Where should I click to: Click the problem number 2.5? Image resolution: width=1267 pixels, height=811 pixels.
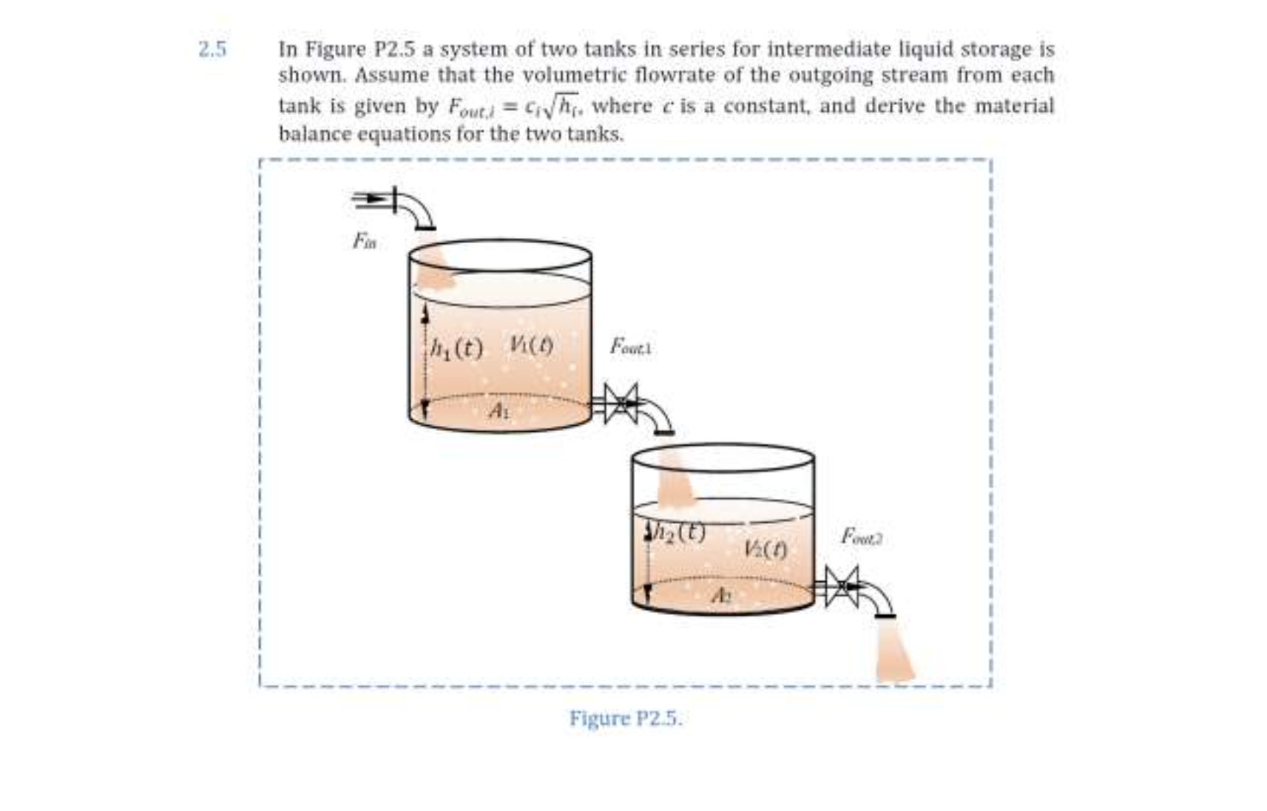(x=212, y=50)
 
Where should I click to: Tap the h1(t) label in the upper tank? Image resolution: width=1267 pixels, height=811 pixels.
(x=457, y=347)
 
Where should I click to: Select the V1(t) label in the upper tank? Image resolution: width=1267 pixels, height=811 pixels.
(x=531, y=345)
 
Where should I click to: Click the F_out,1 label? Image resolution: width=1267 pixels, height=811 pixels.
(x=630, y=346)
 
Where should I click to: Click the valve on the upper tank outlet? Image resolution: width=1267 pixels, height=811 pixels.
(x=621, y=403)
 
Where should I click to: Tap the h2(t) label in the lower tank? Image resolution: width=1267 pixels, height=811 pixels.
(x=677, y=531)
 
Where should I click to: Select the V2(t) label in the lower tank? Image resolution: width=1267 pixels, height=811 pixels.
(x=765, y=549)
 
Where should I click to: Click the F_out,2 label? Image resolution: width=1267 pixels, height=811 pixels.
(x=861, y=536)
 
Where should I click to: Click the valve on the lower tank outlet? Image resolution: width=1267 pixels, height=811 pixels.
(x=842, y=586)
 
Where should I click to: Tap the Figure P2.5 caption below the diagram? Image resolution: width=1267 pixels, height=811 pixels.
(x=626, y=719)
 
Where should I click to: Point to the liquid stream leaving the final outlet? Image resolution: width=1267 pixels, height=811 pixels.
(x=893, y=651)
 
